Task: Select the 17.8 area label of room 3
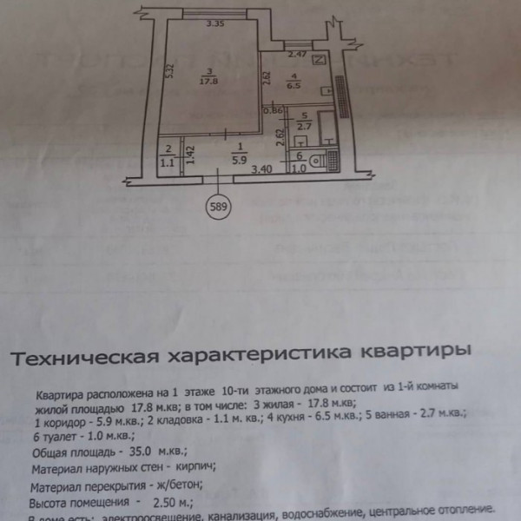[x=206, y=82]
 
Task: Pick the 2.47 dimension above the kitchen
[x=297, y=55]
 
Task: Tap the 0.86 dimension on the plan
[x=275, y=110]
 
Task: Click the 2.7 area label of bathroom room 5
[x=304, y=127]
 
